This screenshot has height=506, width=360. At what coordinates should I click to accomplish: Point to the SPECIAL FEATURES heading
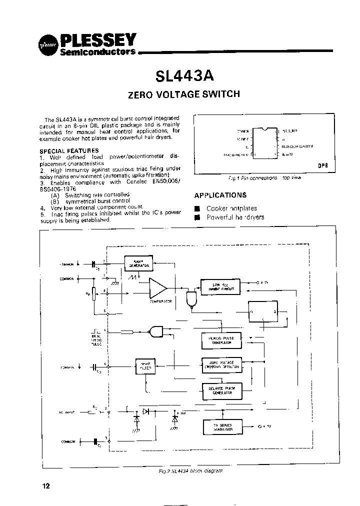tap(69, 150)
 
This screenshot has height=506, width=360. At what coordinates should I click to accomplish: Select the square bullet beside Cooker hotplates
tap(197, 208)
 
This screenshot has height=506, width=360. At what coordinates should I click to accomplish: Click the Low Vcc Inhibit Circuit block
tap(220, 286)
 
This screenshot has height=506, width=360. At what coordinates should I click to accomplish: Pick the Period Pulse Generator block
tap(220, 340)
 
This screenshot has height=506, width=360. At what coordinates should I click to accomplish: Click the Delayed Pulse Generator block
tap(220, 390)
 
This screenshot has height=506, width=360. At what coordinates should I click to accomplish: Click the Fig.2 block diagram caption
tap(187, 470)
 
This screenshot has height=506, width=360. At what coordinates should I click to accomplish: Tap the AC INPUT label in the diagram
tap(67, 412)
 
